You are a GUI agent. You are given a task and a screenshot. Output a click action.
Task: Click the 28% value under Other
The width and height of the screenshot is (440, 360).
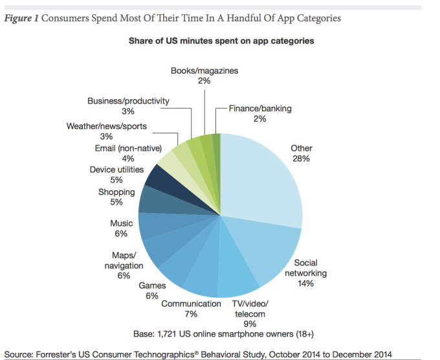tap(302, 159)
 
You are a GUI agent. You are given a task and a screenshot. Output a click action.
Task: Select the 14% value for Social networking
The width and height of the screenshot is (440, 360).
tap(305, 283)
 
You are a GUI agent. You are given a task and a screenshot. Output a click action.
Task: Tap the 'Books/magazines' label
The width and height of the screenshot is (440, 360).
tap(204, 70)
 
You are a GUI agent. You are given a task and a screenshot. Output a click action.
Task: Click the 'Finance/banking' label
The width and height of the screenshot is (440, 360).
tap(259, 108)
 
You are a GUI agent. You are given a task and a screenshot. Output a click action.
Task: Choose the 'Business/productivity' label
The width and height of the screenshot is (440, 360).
tap(128, 100)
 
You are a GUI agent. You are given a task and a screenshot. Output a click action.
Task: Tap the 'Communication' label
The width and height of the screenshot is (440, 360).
tap(191, 304)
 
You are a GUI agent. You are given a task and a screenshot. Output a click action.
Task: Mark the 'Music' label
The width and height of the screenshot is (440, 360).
tap(122, 223)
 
